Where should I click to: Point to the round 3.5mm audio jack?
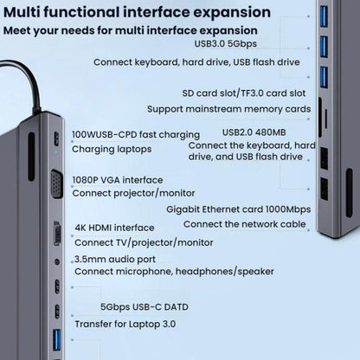tap(57, 260)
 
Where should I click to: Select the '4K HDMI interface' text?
tap(116, 228)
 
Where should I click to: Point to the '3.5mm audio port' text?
tap(117, 258)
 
